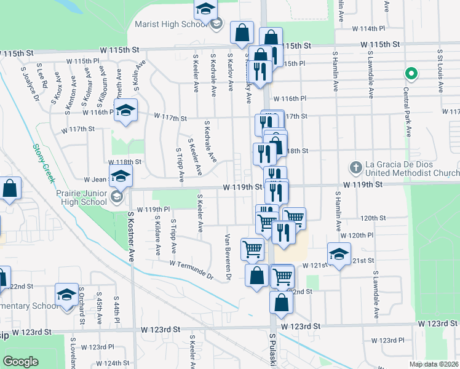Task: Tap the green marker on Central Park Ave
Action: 411,74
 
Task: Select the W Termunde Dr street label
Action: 191,269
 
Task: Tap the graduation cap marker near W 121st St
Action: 339,253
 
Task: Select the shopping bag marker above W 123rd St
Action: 281,302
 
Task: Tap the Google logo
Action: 20,362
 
